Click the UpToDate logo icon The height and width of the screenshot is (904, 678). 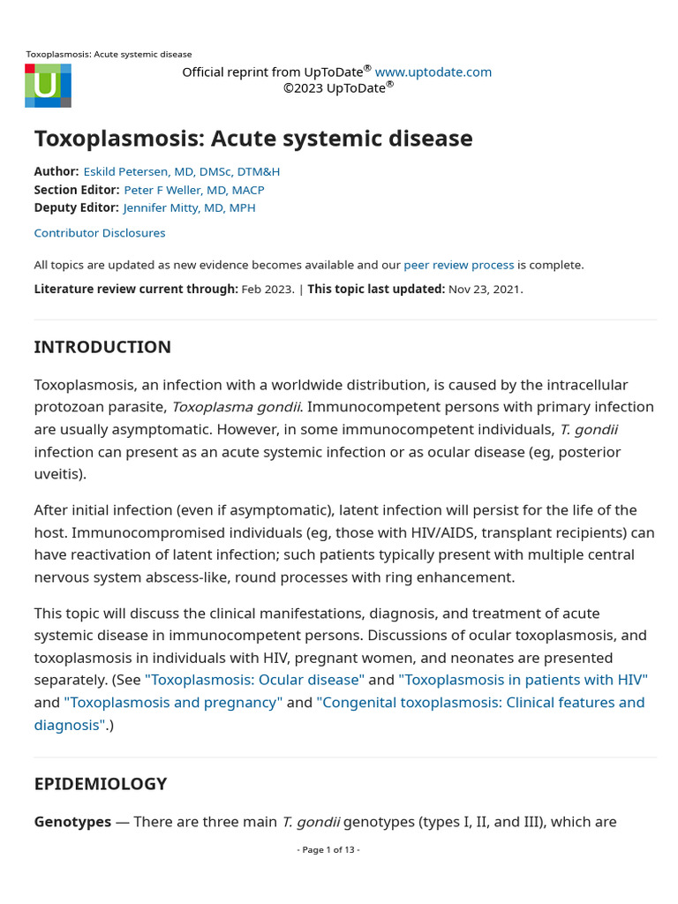point(48,86)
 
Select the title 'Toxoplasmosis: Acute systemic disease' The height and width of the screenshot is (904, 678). point(253,139)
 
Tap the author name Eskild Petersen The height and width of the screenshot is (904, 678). point(181,171)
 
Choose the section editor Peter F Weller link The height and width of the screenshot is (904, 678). point(193,190)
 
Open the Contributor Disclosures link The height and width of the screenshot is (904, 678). point(100,233)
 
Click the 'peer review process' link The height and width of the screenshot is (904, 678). point(458,265)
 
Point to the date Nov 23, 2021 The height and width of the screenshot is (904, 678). point(485,289)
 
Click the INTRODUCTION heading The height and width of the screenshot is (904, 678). point(102,347)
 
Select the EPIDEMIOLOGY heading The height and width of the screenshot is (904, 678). point(101,783)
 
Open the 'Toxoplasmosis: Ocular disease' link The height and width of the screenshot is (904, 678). point(254,680)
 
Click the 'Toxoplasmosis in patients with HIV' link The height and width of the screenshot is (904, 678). point(523,680)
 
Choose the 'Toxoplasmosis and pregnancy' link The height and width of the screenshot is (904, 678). point(173,703)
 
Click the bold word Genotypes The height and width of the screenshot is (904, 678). point(72,822)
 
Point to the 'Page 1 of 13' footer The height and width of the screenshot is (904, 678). point(328,849)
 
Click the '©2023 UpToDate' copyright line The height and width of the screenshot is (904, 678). point(338,87)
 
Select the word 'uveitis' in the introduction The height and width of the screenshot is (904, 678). point(57,474)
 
